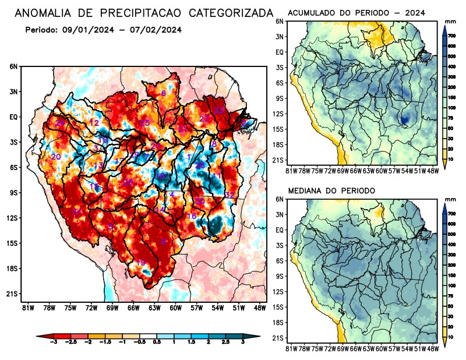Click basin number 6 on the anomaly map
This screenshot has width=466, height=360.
pyautogui.click(x=164, y=93)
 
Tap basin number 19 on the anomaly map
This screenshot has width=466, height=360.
pyautogui.click(x=140, y=263)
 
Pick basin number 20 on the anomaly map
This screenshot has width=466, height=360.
pyautogui.click(x=56, y=157)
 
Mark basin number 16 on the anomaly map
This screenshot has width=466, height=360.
pyautogui.click(x=191, y=216)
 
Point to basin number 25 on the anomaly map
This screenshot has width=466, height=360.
pyautogui.click(x=145, y=123)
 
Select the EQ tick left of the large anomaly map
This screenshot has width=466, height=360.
pyautogui.click(x=13, y=117)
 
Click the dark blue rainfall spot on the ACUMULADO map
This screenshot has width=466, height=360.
pyautogui.click(x=404, y=119)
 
